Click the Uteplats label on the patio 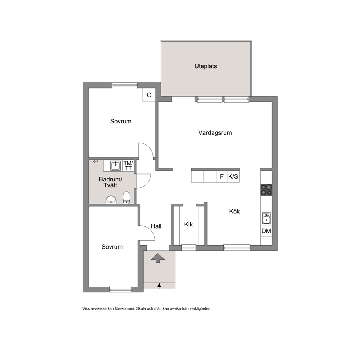tap(205, 66)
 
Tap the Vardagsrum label tap(215, 133)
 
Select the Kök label tap(234, 212)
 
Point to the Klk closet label tap(188, 224)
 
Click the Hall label tap(156, 226)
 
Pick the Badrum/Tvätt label tap(111, 182)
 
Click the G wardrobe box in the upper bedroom tap(149, 95)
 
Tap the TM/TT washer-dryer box tap(128, 165)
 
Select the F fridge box tap(222, 177)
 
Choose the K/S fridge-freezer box tap(233, 177)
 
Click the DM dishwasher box tap(266, 231)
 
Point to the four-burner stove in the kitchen tap(266, 190)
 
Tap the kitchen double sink tap(266, 218)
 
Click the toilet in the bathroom tap(127, 198)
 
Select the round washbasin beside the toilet tap(111, 200)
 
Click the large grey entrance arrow tap(158, 258)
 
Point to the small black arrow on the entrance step tap(159, 285)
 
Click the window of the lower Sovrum tap(120, 289)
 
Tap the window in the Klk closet tap(189, 247)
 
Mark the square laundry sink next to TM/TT tap(116, 165)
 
